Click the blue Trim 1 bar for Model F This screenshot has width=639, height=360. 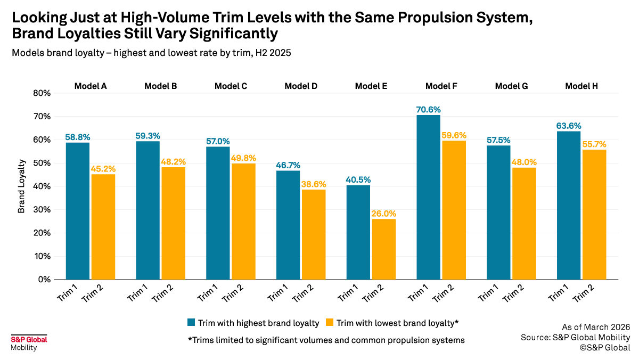tap(428, 197)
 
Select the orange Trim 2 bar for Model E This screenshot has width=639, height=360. tap(383, 249)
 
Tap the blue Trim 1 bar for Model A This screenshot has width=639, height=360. tap(78, 211)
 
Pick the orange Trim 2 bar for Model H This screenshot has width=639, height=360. tap(594, 215)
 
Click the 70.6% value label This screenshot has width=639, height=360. tap(429, 110)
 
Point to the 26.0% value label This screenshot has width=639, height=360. tap(383, 214)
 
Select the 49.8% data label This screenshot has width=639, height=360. tap(243, 158)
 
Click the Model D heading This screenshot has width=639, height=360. tap(301, 86)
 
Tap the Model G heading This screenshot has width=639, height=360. tap(511, 86)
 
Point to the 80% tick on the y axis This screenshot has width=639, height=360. tap(41, 93)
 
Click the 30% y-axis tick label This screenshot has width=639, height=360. tap(41, 210)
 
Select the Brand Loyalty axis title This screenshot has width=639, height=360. tap(22, 186)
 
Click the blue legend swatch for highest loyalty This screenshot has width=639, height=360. tap(191, 323)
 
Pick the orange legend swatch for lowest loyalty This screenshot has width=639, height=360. tap(330, 323)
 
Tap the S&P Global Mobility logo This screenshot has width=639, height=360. tap(29, 343)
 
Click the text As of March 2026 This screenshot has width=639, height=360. tap(596, 327)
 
